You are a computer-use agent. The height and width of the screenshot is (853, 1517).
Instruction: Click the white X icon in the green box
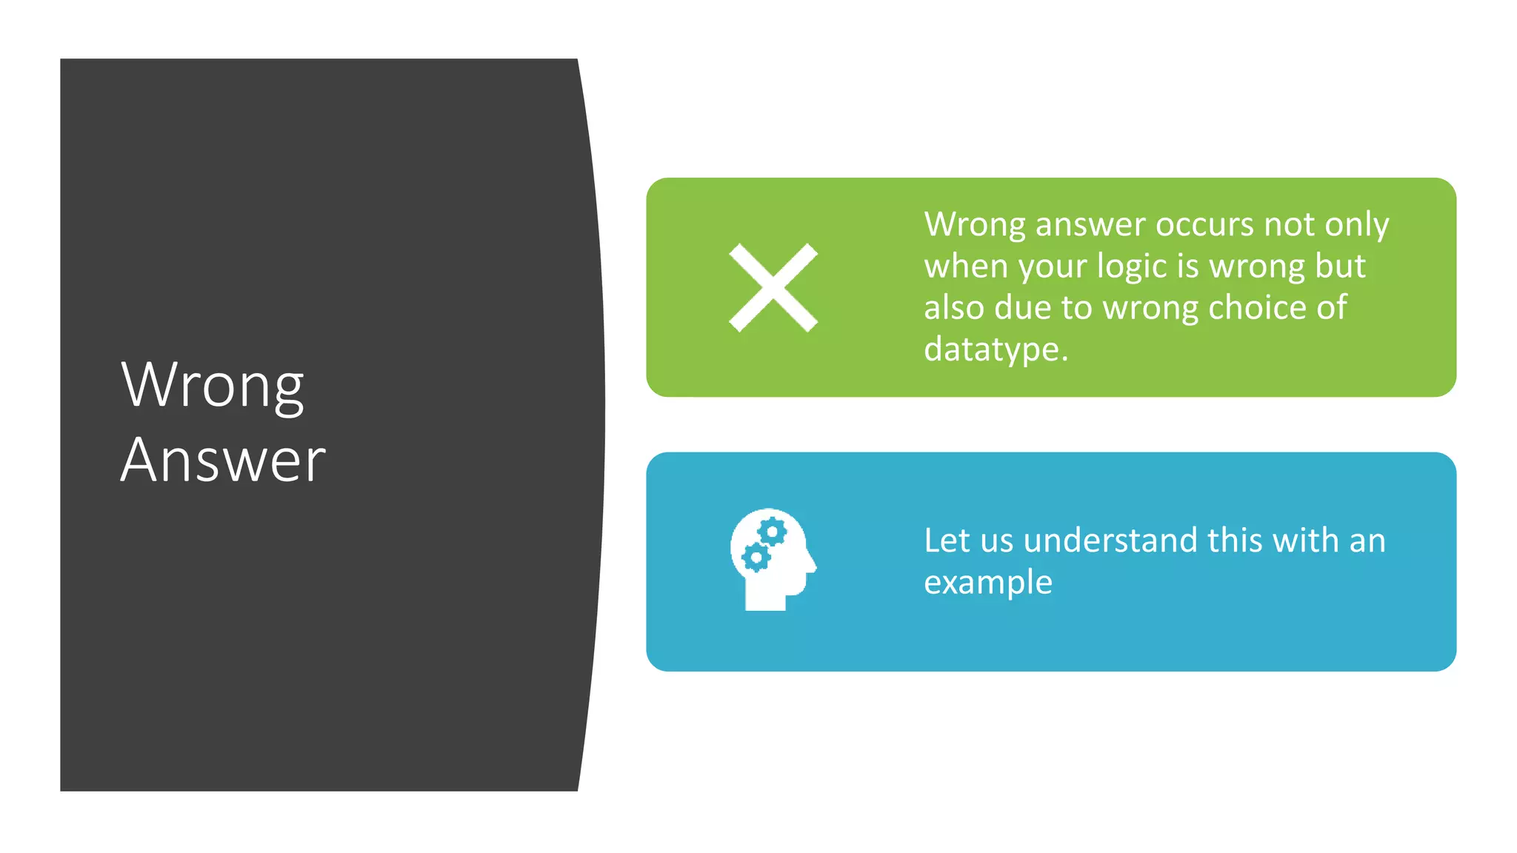[773, 287]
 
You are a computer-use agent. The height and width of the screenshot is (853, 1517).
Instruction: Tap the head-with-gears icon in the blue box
[772, 560]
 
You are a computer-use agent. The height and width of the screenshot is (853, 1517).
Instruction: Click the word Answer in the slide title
[223, 461]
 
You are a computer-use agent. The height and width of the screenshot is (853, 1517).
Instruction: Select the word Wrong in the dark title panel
[213, 385]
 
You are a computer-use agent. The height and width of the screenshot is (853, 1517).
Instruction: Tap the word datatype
[996, 349]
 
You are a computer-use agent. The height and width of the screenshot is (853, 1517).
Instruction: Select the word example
[987, 583]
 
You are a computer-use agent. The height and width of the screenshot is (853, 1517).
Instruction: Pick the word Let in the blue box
[947, 541]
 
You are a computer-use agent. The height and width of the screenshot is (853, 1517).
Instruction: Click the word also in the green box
[954, 307]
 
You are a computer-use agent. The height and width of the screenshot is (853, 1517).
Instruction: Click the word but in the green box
[1340, 266]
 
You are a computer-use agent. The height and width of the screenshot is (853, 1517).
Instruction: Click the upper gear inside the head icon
[772, 532]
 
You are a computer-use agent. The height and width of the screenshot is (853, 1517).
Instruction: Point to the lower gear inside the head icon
[756, 557]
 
